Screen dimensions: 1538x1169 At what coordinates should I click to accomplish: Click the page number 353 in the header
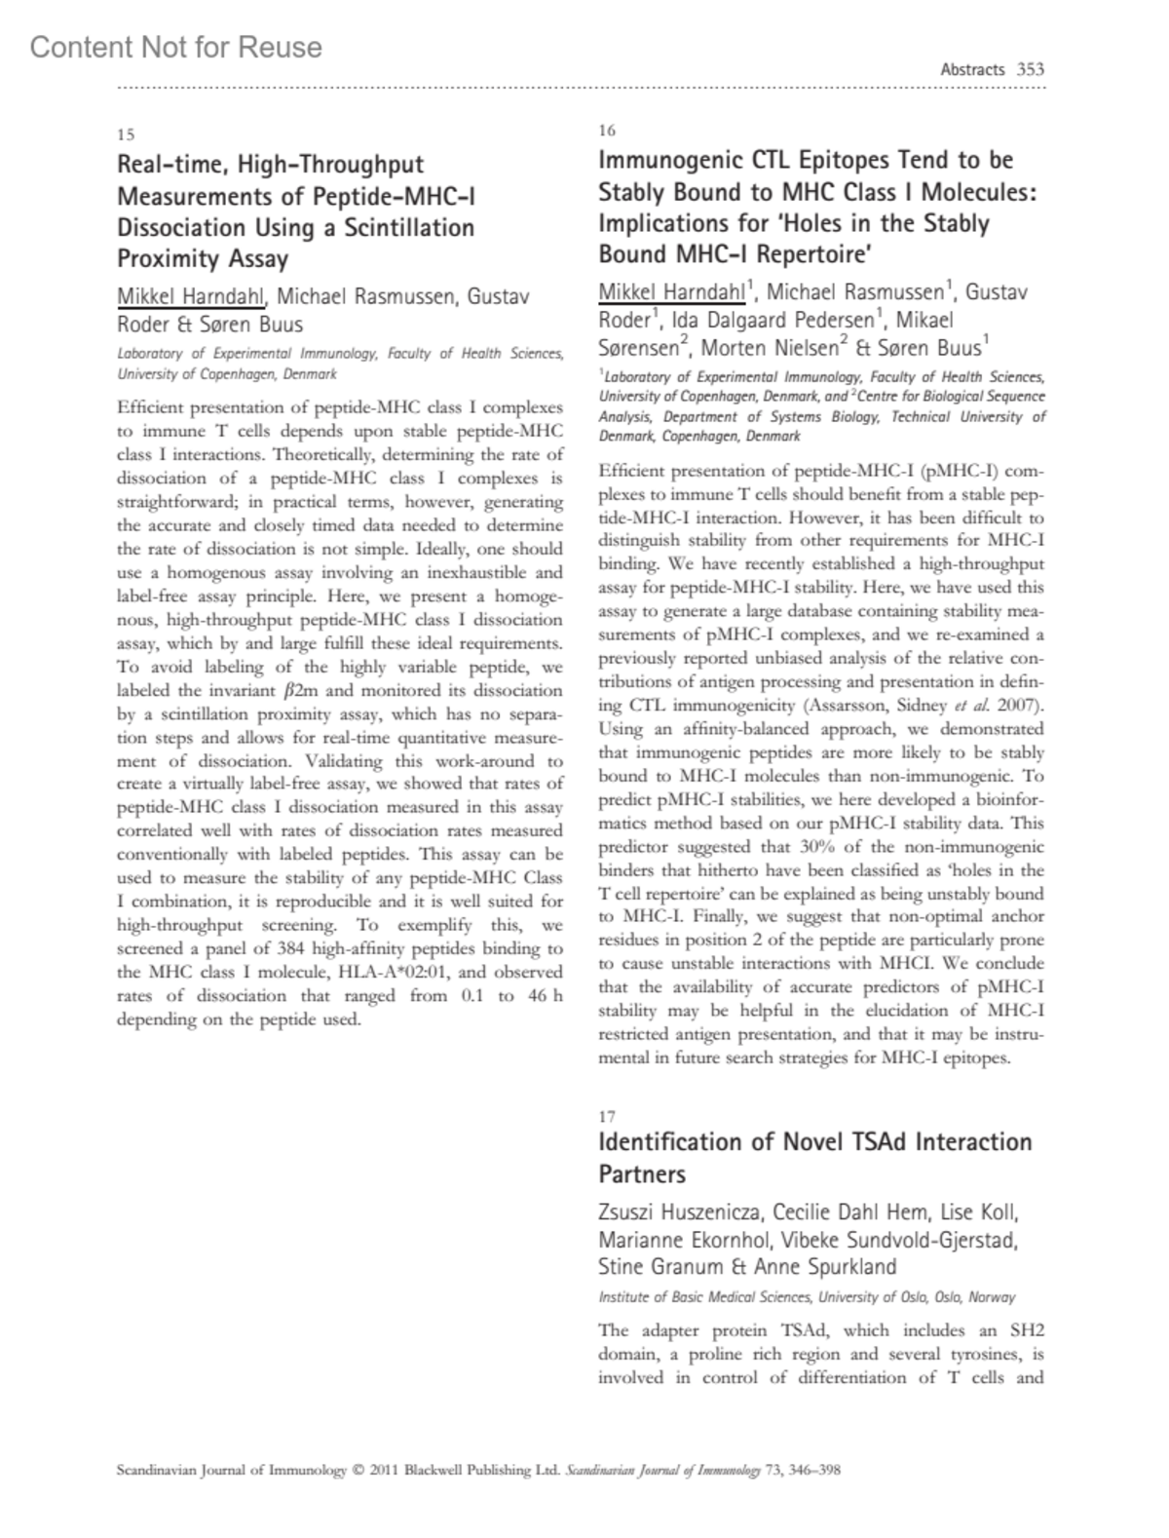(x=1030, y=69)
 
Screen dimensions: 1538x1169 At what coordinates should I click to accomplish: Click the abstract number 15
(x=126, y=135)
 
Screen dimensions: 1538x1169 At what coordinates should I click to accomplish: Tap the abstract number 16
(x=607, y=131)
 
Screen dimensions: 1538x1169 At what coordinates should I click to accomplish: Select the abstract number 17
(x=607, y=1117)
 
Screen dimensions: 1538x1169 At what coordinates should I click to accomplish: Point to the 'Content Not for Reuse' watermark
(x=176, y=47)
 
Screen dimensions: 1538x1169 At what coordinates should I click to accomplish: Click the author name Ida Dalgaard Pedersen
(x=775, y=320)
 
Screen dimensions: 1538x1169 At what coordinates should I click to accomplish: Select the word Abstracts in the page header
(x=972, y=69)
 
